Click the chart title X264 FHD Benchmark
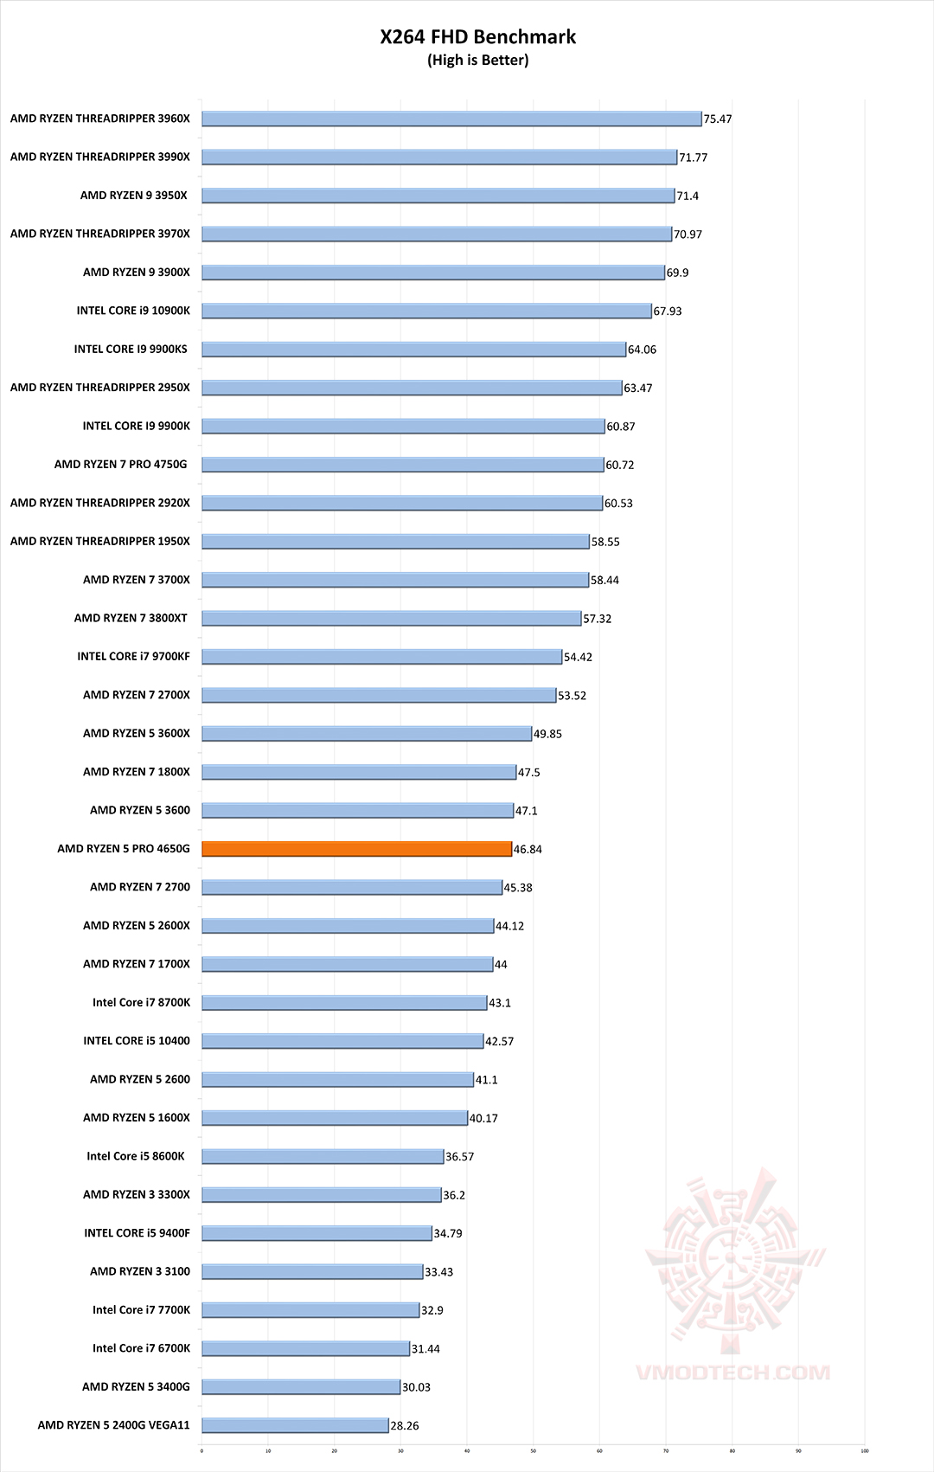[477, 36]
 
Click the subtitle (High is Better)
[477, 61]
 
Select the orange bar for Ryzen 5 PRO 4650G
[356, 849]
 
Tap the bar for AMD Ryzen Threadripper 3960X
[451, 119]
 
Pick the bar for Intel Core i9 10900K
[426, 311]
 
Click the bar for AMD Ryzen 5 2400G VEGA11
[295, 1425]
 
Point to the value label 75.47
[718, 119]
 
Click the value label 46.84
[528, 850]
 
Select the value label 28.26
[405, 1426]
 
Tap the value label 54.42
[578, 658]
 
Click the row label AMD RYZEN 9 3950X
[134, 196]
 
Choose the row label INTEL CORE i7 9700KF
[133, 657]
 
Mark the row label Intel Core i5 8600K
[136, 1156]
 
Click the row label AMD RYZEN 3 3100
[140, 1271]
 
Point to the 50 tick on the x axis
[533, 1451]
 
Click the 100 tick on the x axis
[865, 1451]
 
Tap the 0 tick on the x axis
[202, 1451]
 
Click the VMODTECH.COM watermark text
[733, 1372]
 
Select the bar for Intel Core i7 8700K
[344, 1002]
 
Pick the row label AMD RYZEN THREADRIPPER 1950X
[100, 542]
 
